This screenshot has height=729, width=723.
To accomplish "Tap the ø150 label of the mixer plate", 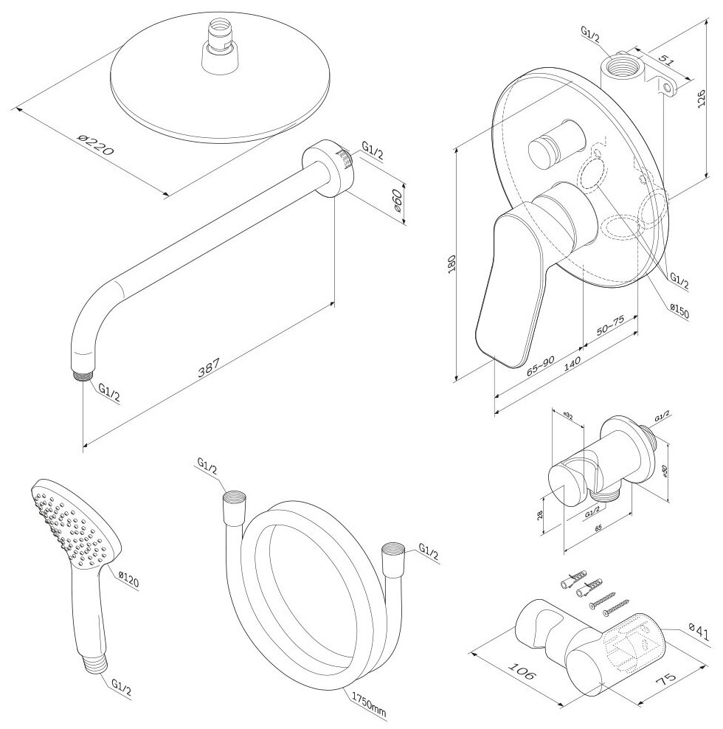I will point(679,312).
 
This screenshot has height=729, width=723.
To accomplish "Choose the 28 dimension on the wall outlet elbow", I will point(541,516).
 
